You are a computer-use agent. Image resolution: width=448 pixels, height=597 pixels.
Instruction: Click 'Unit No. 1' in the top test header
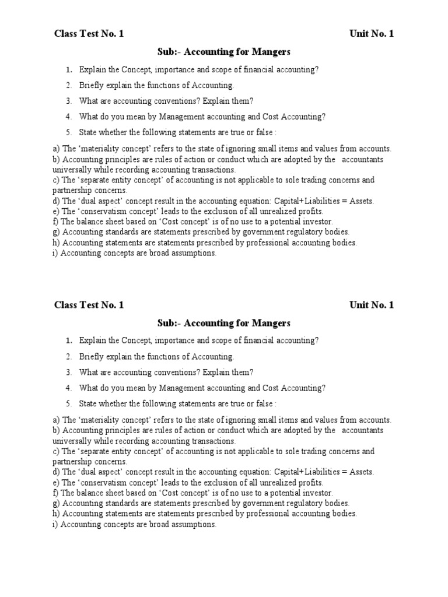click(x=372, y=34)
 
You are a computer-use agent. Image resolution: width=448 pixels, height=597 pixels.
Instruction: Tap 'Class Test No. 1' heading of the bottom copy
click(x=89, y=305)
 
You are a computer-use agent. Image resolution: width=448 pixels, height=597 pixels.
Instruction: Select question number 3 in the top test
click(x=68, y=101)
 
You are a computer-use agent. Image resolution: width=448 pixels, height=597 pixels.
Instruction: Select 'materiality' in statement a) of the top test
click(x=103, y=149)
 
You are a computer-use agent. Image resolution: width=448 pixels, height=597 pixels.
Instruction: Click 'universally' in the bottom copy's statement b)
click(x=72, y=441)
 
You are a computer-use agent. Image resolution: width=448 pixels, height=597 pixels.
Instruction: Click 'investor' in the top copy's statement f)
click(x=317, y=222)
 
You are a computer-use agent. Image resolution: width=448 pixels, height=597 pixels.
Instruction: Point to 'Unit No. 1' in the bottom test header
click(x=372, y=305)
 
